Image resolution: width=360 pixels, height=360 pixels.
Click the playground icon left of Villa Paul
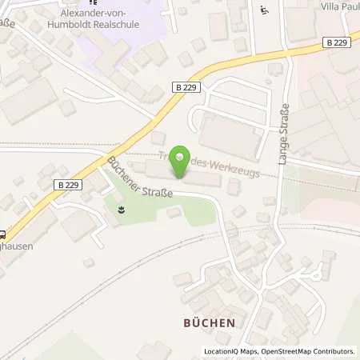click(265, 10)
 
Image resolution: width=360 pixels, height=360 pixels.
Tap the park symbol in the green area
click(120, 210)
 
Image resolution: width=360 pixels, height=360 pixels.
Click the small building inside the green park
click(174, 212)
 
